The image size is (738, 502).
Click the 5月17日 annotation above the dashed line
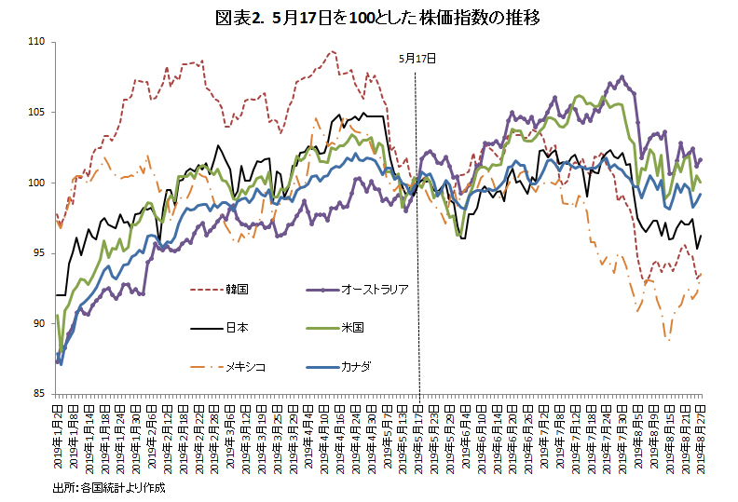(x=417, y=57)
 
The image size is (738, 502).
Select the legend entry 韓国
(x=236, y=290)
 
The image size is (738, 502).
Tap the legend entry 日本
(x=236, y=328)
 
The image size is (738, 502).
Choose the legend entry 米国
(x=352, y=328)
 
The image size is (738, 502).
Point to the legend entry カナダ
(x=356, y=366)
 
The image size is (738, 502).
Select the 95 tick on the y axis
(x=39, y=253)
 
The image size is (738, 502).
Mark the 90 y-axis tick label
(x=39, y=324)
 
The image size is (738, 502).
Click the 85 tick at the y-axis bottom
(x=39, y=394)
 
